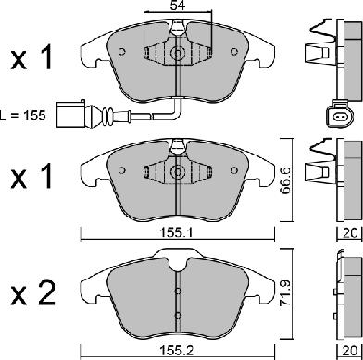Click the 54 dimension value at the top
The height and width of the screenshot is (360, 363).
tap(178, 6)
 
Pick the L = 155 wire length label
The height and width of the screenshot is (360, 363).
tap(23, 116)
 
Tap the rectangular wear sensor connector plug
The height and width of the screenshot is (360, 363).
tap(70, 114)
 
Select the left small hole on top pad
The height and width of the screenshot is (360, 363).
tap(122, 52)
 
